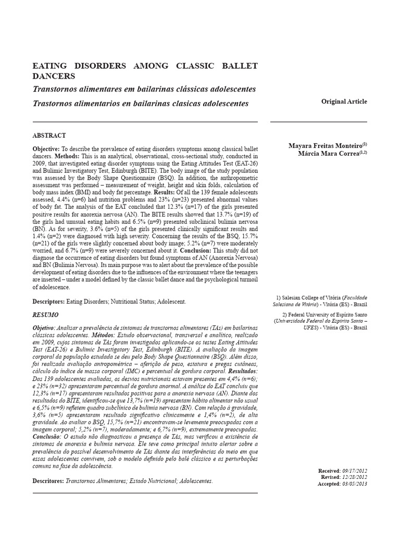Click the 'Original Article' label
coord(344,101)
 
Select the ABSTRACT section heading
coord(49,135)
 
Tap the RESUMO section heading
coord(45,315)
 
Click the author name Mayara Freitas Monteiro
coord(326,146)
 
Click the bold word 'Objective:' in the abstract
coord(46,149)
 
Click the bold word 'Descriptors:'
coord(48,301)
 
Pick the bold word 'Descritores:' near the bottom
coord(48,481)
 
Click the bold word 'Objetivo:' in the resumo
coord(44,329)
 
